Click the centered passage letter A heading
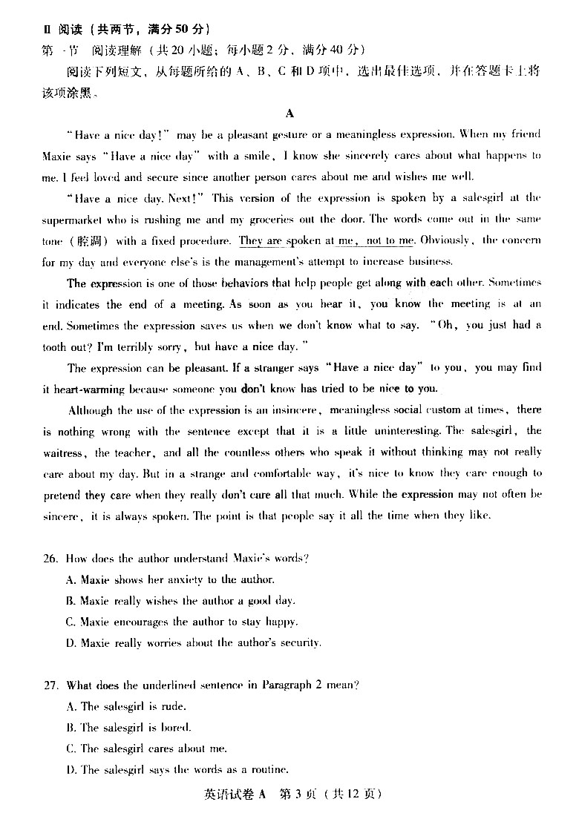pyautogui.click(x=289, y=114)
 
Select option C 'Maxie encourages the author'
pyautogui.click(x=182, y=622)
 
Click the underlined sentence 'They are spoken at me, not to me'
pyautogui.click(x=327, y=240)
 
